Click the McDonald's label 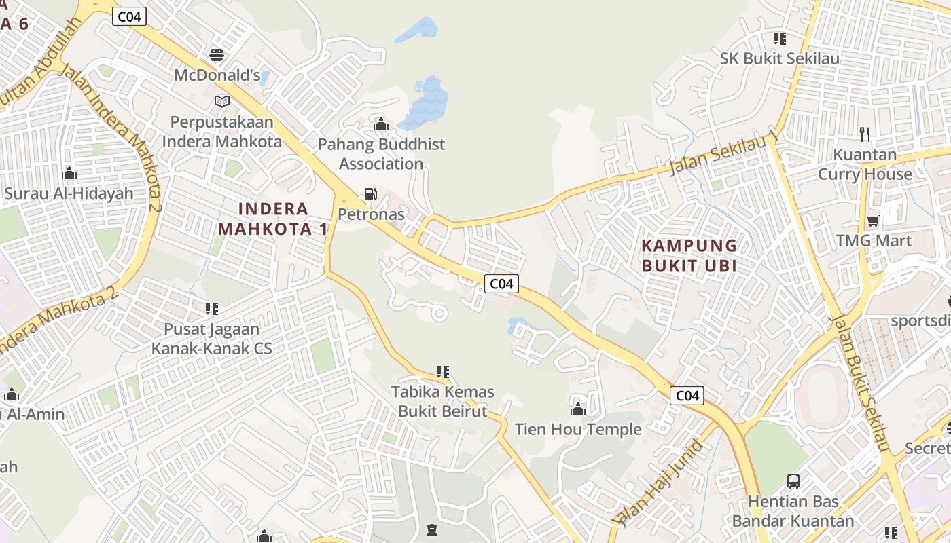pos(217,75)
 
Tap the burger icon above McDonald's pos(217,54)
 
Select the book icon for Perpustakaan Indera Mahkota pos(221,101)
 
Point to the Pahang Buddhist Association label pos(381,154)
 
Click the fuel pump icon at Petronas pos(370,194)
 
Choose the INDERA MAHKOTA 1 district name pos(274,219)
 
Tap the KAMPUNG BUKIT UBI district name pos(689,255)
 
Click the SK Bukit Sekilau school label pos(779,58)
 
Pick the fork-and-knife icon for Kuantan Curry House pos(865,134)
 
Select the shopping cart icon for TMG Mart pos(873,221)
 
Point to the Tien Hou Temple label pos(578,429)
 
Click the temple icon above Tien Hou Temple pos(578,409)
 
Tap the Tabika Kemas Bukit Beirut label pos(443,401)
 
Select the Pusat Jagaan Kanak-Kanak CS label pos(211,339)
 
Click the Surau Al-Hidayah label pos(69,193)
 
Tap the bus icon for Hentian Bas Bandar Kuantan pos(793,481)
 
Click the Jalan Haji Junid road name pos(657,483)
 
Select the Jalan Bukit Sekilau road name pos(860,383)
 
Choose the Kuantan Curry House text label pos(865,164)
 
